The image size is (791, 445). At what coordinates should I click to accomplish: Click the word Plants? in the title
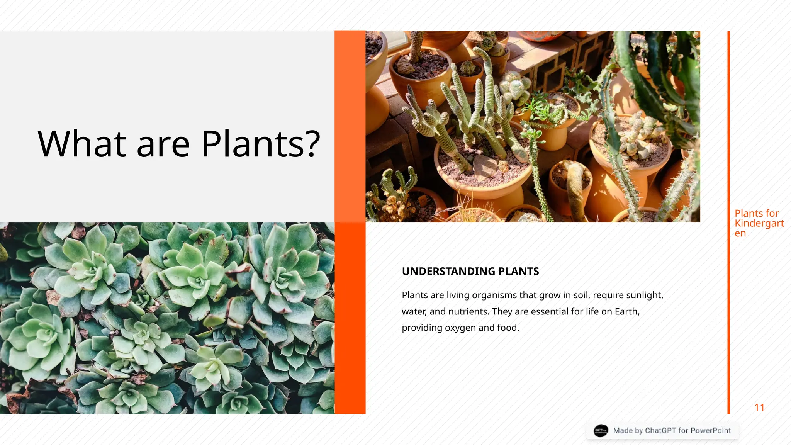[x=261, y=144]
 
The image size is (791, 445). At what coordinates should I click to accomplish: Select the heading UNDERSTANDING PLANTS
[x=470, y=272]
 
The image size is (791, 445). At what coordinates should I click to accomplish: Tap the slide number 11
[x=759, y=408]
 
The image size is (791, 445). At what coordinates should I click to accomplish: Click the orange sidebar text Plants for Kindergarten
[x=759, y=223]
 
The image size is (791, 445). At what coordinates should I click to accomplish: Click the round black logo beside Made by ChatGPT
[x=601, y=430]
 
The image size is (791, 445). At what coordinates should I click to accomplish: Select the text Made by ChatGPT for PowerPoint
[x=672, y=431]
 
